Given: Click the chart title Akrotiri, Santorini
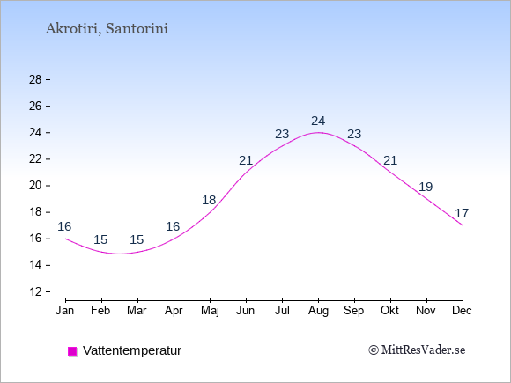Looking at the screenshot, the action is click(x=107, y=29).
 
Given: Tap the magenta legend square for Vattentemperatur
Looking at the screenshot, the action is click(x=72, y=351).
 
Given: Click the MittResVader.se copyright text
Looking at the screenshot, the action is click(x=417, y=350).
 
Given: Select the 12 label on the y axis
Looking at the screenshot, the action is click(x=35, y=291).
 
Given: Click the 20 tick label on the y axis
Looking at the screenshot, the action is click(x=35, y=186).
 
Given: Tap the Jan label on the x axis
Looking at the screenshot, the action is click(x=65, y=311).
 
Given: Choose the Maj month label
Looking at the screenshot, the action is click(x=210, y=311).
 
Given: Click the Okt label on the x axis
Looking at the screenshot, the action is click(x=389, y=311).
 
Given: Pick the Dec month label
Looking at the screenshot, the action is click(x=463, y=311).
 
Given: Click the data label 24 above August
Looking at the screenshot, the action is click(x=318, y=121).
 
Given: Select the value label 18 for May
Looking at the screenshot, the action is click(x=209, y=200).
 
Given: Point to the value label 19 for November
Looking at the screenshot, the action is click(x=426, y=187).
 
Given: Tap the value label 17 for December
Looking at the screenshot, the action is click(x=462, y=213).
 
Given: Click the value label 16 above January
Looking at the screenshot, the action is click(x=64, y=226).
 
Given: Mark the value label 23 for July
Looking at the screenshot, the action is click(x=282, y=134).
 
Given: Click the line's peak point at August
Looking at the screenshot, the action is click(x=318, y=133).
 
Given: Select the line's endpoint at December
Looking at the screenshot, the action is click(x=463, y=225).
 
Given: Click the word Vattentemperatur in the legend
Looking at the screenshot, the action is click(x=132, y=350).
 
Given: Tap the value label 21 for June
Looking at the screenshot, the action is click(x=246, y=160).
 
